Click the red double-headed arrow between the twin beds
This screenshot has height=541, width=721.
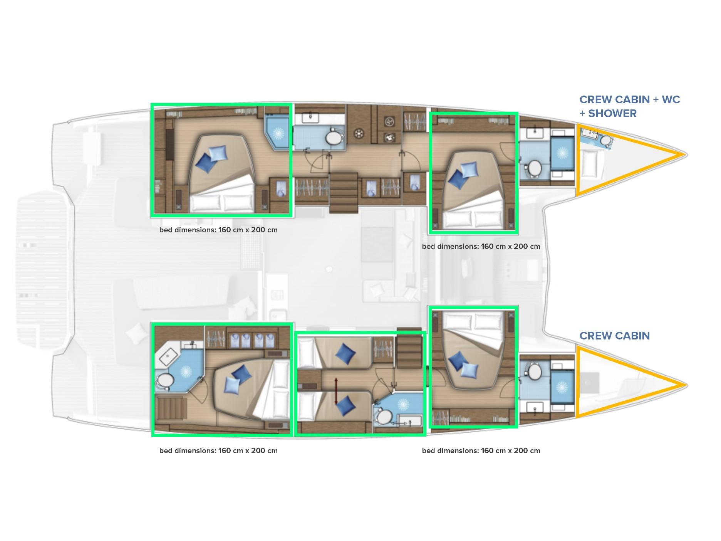click(x=336, y=391)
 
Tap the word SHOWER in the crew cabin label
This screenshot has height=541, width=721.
click(x=612, y=114)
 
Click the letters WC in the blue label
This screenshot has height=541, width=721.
click(x=671, y=100)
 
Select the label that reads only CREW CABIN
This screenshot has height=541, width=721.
click(x=615, y=336)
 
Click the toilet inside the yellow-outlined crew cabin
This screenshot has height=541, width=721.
click(x=606, y=141)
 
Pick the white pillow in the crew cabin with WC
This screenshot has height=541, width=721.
click(x=589, y=164)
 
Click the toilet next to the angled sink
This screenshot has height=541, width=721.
click(x=165, y=381)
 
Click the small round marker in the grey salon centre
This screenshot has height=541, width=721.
click(x=329, y=269)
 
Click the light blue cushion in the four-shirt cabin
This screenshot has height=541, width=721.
click(x=232, y=385)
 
